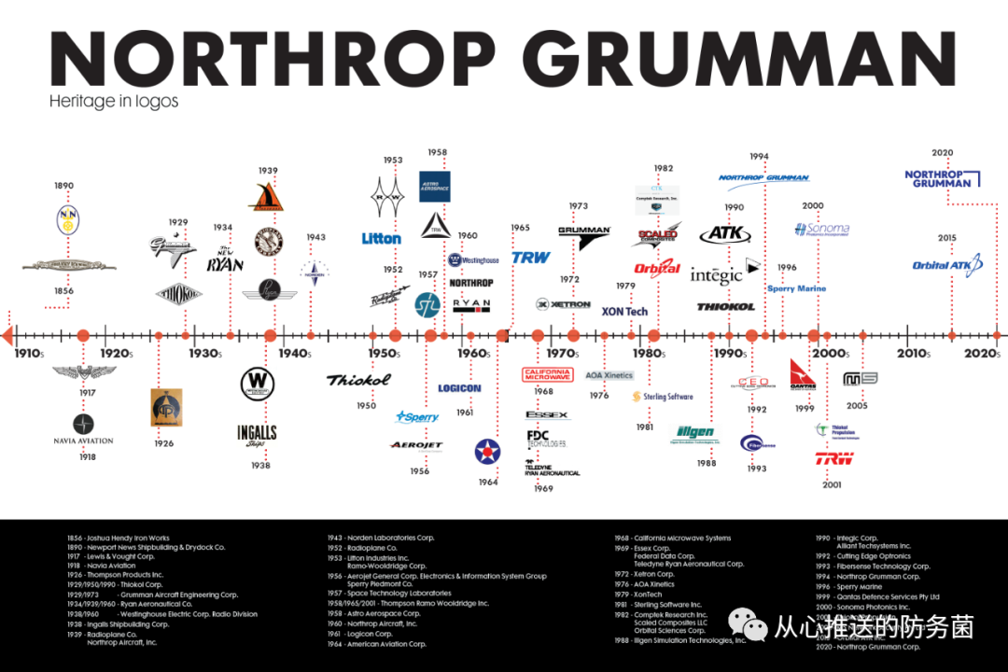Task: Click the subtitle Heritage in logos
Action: coord(114,101)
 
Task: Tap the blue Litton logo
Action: coord(381,239)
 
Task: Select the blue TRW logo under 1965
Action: coord(530,257)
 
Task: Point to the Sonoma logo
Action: coord(821,229)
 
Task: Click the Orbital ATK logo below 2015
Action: coord(947,265)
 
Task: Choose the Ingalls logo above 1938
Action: coord(257,435)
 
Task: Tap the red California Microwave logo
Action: coord(548,374)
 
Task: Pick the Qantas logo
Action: coord(803,373)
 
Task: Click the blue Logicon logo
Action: coord(459,388)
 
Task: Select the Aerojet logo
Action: coord(416,445)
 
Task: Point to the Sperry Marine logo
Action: coord(796,289)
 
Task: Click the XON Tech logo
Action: coord(624,312)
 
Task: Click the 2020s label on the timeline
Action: coord(981,354)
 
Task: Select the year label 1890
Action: coord(63,186)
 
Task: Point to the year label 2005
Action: coord(857,406)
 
